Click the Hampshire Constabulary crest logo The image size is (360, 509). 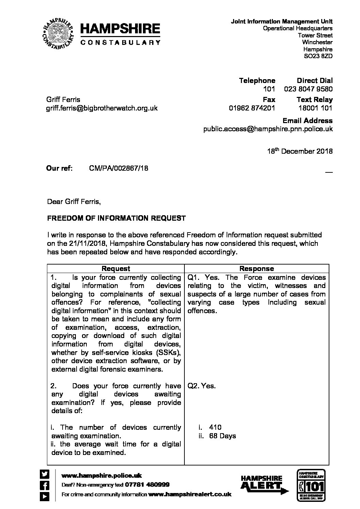[58, 34]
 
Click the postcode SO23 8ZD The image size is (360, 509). [318, 56]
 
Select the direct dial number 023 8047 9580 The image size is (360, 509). [308, 89]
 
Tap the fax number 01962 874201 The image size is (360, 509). [252, 108]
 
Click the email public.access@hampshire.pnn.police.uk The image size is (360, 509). [268, 129]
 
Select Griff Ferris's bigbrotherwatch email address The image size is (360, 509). [102, 108]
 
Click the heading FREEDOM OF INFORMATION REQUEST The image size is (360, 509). [116, 218]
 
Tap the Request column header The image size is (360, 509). [116, 269]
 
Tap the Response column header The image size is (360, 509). [257, 269]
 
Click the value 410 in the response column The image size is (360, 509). [215, 427]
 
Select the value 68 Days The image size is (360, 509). [223, 436]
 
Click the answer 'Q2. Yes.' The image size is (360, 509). [201, 386]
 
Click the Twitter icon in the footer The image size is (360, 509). [45, 474]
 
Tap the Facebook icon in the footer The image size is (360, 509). [45, 485]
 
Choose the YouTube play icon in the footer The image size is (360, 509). [45, 496]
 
